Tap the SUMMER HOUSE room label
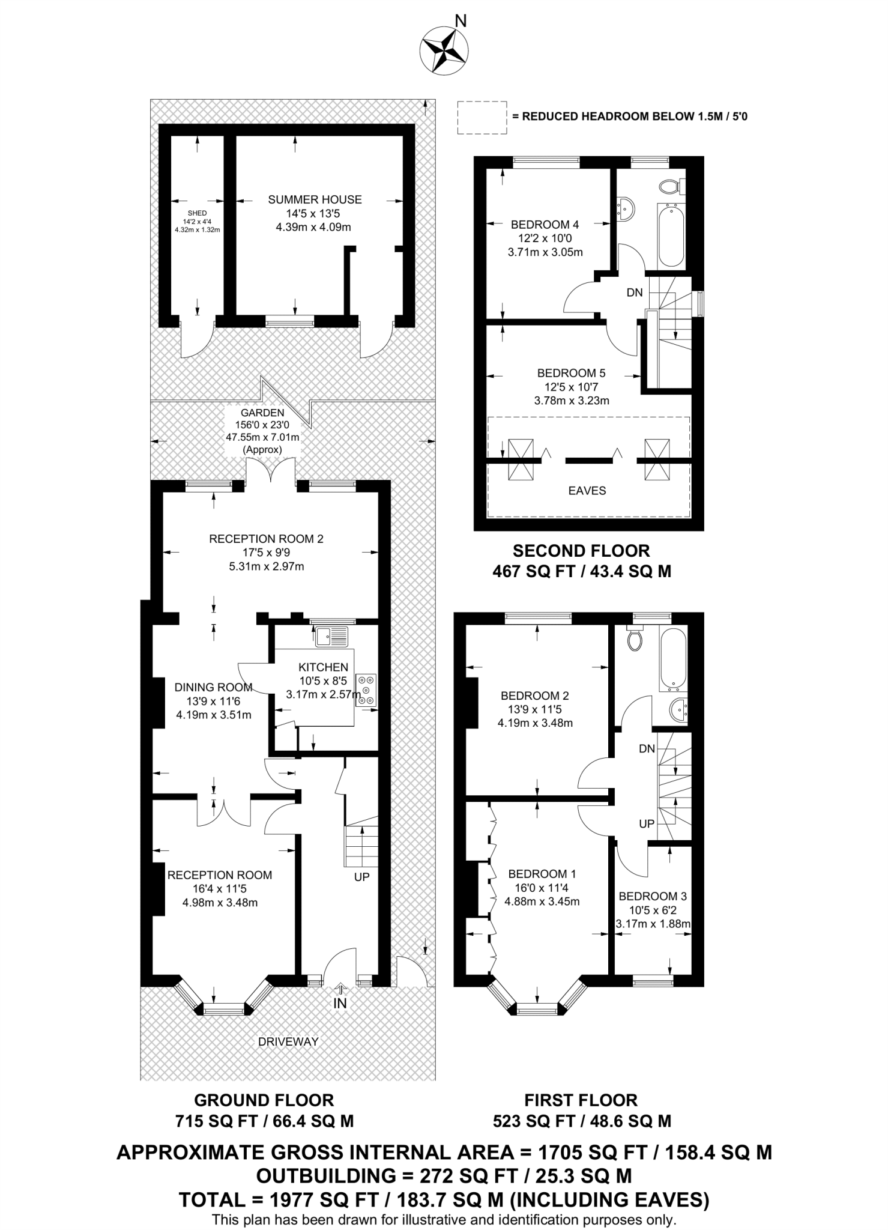tap(315, 199)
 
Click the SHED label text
tap(197, 213)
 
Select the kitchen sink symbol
tap(331, 636)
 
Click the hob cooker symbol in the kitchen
tap(366, 689)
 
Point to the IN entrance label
tap(340, 1003)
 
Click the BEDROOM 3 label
tap(653, 896)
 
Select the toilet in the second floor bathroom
tap(669, 187)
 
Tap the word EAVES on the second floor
tap(587, 491)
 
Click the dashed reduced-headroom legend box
tap(482, 117)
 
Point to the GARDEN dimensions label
tap(262, 431)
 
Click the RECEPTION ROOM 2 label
tap(266, 539)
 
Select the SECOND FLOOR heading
tap(581, 551)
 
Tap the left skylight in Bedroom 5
tap(521, 459)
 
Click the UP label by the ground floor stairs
tap(361, 877)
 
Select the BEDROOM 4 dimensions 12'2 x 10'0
tap(545, 238)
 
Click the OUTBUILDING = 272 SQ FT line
tap(444, 1175)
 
